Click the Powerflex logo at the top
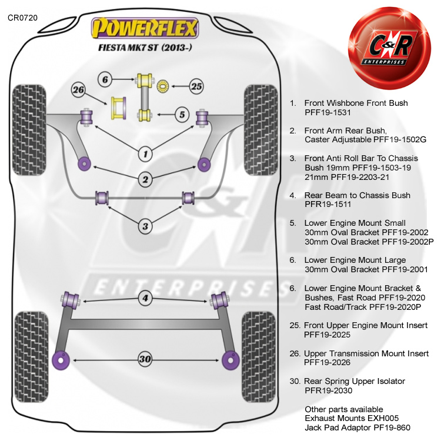coord(145,28)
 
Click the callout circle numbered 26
coord(79,90)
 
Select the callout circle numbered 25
coord(196,86)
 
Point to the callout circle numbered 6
coord(105,79)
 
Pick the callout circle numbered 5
coord(182,115)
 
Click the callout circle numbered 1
coord(145,155)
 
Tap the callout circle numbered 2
coord(145,178)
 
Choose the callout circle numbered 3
coord(145,225)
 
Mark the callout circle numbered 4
coord(145,299)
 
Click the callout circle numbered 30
coord(145,358)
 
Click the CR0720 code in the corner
coord(22,18)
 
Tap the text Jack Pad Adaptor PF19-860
coord(358,427)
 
